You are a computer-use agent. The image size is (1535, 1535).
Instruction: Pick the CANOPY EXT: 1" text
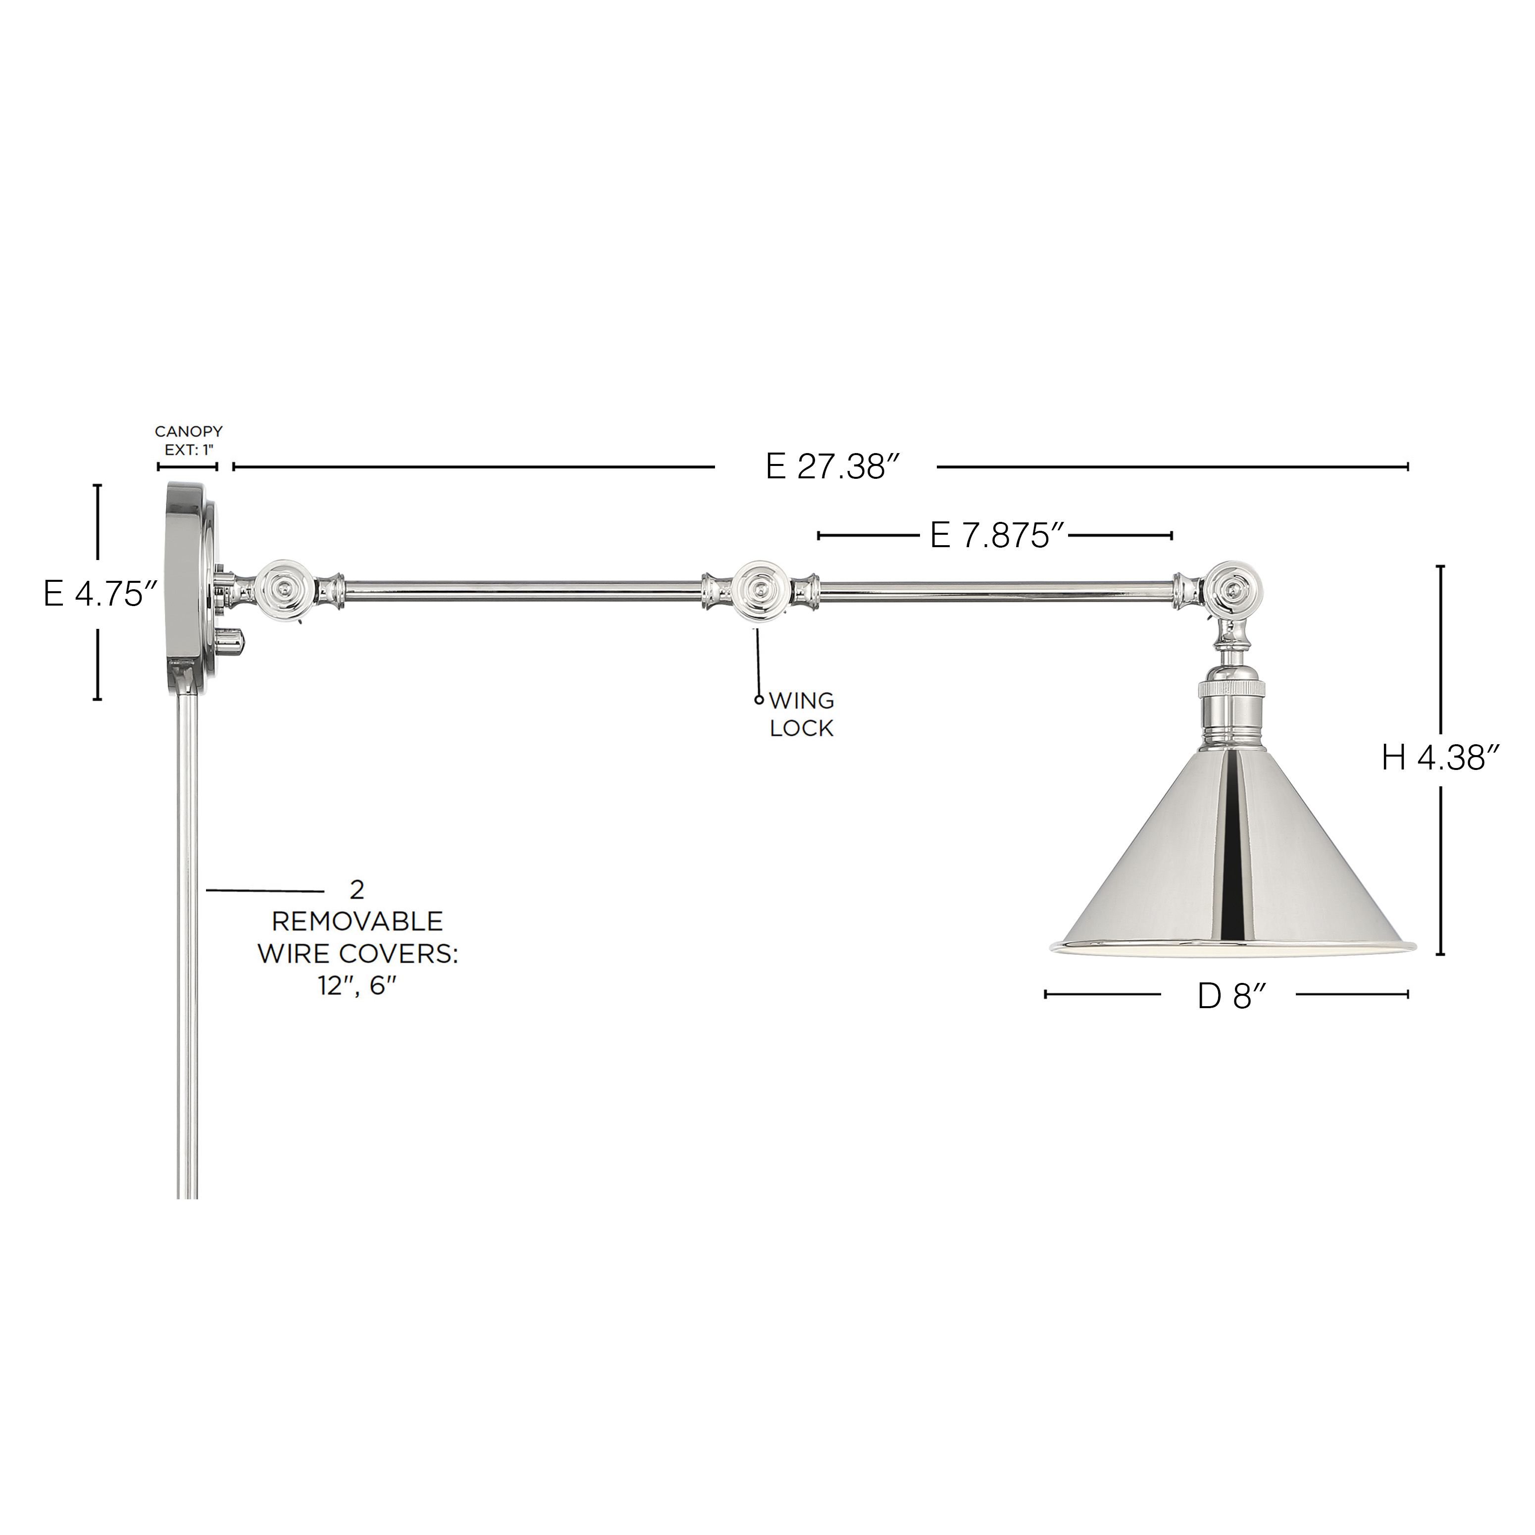click(x=188, y=440)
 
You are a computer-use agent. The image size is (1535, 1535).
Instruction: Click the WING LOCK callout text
click(x=801, y=714)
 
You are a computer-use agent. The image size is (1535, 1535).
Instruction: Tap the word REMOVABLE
click(x=358, y=921)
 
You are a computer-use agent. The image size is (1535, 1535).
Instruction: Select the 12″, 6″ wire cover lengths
click(x=358, y=985)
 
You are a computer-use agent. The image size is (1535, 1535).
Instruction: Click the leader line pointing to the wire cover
click(x=264, y=891)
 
